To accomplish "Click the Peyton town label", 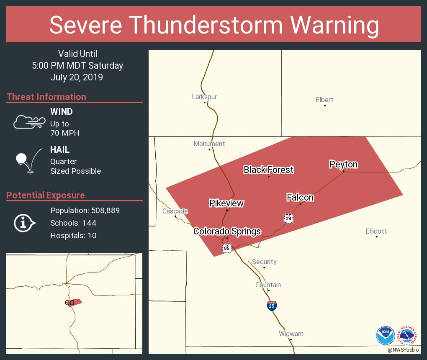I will click(x=343, y=165).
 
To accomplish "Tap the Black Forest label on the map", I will click(x=268, y=170).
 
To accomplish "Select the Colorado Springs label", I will click(x=227, y=231).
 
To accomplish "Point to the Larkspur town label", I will click(x=204, y=97).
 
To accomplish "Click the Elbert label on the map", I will click(x=324, y=100).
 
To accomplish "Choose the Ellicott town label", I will click(x=376, y=231).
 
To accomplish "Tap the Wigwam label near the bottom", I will click(x=291, y=334).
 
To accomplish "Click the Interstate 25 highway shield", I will click(x=272, y=306).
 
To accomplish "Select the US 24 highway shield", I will click(x=288, y=218).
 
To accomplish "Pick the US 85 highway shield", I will click(x=226, y=249).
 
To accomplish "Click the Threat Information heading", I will click(x=46, y=97).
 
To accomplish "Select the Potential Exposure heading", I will click(x=46, y=195).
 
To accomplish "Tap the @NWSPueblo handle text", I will click(x=403, y=350).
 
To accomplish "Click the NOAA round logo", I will click(x=385, y=334).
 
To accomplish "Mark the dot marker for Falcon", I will click(x=300, y=204).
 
